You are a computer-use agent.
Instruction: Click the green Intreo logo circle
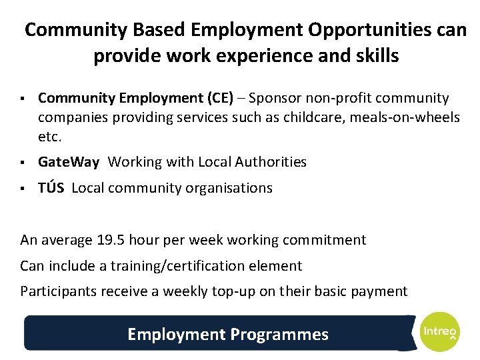pos(439,331)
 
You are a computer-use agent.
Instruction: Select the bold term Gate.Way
pos(69,161)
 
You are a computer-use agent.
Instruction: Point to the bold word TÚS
pos(51,188)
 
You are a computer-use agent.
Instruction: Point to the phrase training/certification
pos(169,266)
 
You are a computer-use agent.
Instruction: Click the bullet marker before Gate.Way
pos(23,162)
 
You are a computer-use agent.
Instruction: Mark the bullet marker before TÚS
pos(23,189)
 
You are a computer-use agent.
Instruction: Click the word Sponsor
pos(273,99)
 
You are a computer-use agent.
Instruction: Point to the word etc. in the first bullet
pos(50,137)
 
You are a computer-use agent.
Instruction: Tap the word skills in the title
pos(377,56)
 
